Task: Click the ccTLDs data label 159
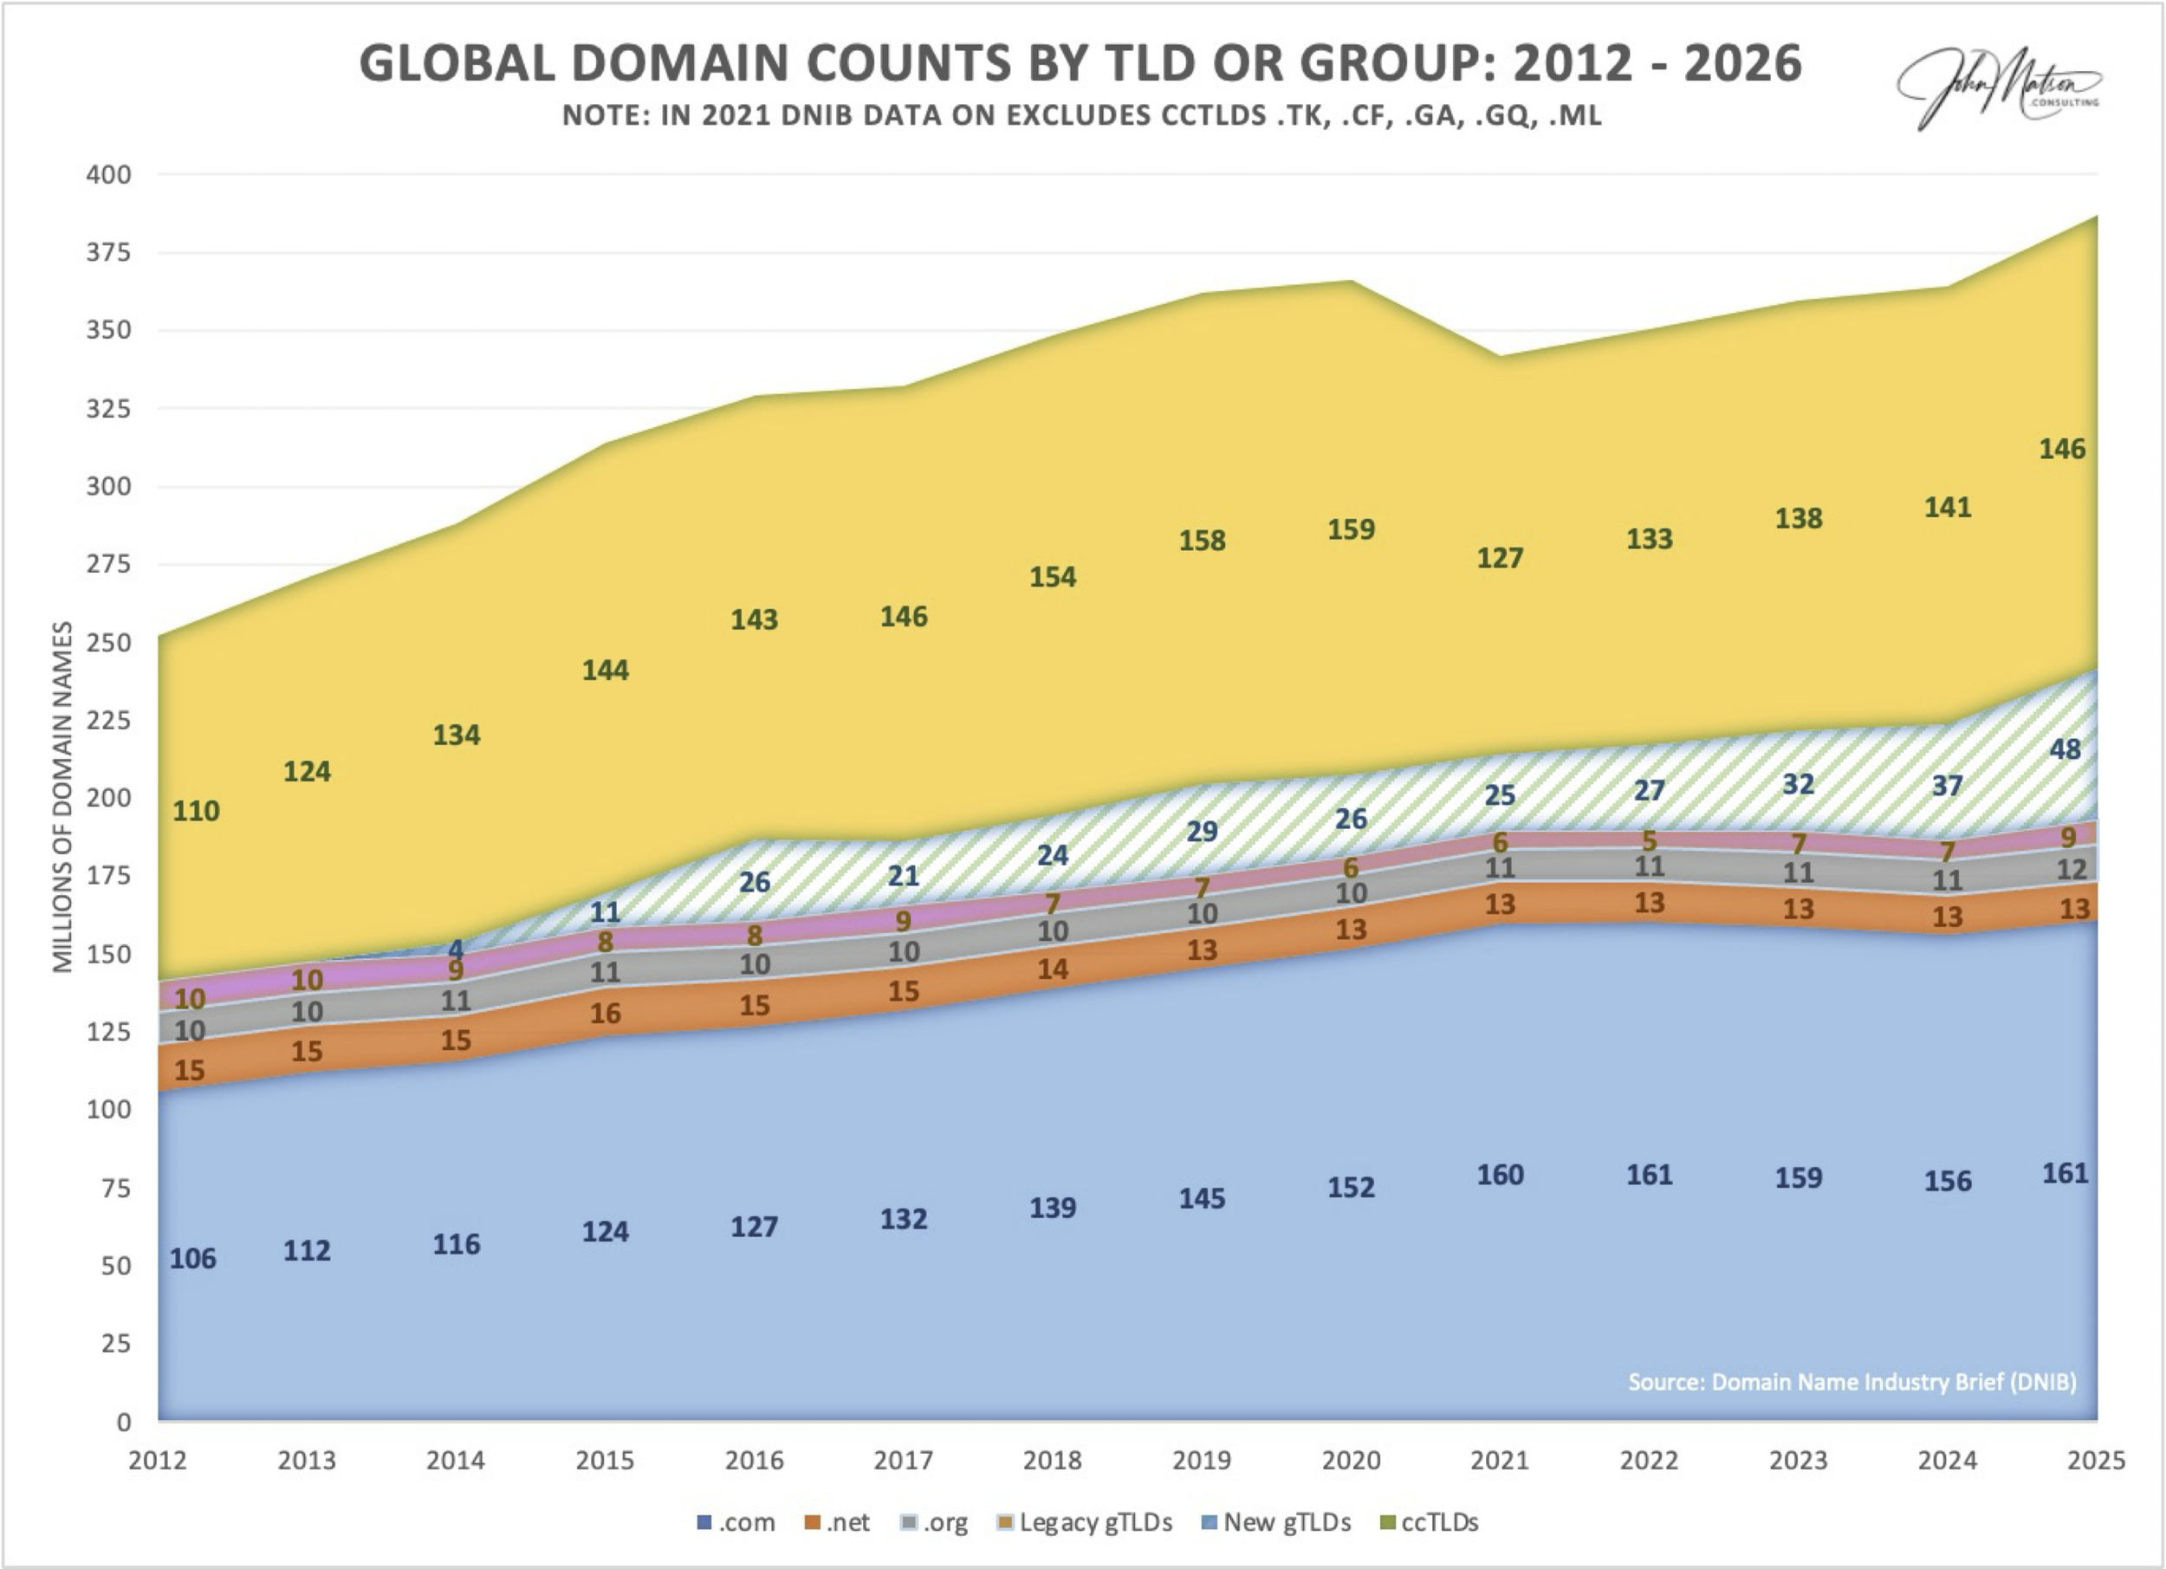pos(1351,529)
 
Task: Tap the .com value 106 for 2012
pos(193,1259)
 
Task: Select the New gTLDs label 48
pos(2065,749)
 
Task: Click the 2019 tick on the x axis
pos(1202,1460)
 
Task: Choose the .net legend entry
pos(837,1522)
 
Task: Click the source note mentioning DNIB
pos(1851,1382)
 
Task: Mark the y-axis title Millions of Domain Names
pos(64,796)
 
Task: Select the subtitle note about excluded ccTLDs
pos(1081,116)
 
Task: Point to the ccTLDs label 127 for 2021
pos(1500,558)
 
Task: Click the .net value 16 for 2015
pos(605,1013)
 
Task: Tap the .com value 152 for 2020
pos(1351,1187)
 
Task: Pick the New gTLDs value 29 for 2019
pos(1202,832)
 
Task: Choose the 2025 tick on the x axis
pos(2095,1460)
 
